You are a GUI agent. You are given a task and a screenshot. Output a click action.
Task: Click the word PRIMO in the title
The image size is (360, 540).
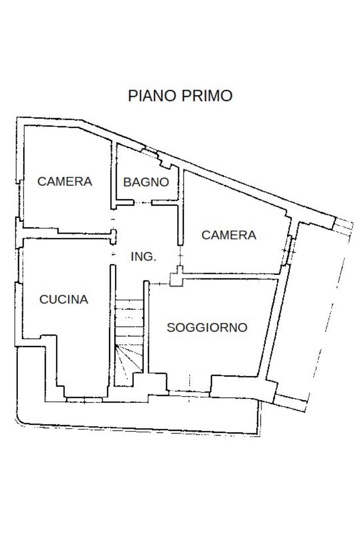[207, 96]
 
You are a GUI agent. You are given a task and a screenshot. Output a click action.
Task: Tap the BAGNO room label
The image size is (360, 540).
[147, 182]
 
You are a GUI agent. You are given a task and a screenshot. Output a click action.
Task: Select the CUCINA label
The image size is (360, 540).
[64, 300]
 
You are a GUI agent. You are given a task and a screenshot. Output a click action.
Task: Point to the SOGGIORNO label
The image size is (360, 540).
[207, 327]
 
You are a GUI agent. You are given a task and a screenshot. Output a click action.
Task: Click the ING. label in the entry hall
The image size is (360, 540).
[144, 256]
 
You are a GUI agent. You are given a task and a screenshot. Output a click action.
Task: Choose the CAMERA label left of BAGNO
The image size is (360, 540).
[65, 181]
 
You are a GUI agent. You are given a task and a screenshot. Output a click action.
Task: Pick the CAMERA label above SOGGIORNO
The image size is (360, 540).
[229, 235]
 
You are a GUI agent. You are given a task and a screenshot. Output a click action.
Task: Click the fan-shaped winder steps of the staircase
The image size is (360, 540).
[129, 360]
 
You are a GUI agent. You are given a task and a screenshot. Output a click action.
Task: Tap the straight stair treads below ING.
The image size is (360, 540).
[129, 322]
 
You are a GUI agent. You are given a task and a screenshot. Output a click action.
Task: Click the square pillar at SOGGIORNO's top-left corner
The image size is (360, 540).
[176, 278]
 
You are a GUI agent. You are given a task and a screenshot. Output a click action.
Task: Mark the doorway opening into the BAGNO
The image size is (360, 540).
[142, 203]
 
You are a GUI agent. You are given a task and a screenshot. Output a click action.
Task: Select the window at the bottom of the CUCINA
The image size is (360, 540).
[84, 400]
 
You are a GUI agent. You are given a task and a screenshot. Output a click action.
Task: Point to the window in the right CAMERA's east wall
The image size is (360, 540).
[288, 250]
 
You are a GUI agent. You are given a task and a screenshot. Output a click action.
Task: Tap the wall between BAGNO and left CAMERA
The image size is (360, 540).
[114, 175]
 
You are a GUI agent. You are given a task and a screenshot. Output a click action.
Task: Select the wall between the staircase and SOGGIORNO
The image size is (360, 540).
[146, 327]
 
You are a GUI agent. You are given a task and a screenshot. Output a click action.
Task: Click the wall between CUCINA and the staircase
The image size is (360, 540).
[112, 325]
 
